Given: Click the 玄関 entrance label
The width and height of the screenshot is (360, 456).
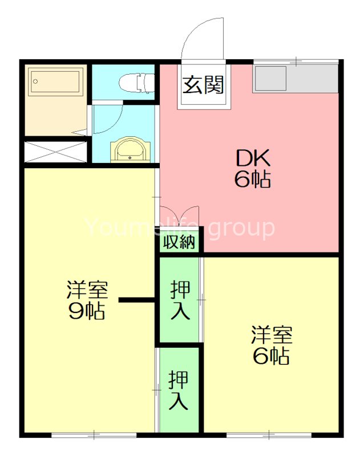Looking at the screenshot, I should [203, 86].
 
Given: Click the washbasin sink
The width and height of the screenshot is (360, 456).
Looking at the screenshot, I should [131, 150].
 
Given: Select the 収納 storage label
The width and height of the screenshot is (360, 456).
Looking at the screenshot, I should [179, 242].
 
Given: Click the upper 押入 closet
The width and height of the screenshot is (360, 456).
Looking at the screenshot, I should [180, 300].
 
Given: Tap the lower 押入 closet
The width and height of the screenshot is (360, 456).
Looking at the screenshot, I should [179, 389].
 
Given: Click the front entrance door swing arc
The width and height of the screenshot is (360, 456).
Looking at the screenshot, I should [201, 37].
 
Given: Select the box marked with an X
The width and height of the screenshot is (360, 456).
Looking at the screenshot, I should [56, 152].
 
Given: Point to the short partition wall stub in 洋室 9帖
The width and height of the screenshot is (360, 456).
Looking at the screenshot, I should [136, 300].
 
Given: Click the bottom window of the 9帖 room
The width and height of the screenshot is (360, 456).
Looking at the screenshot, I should [95, 435].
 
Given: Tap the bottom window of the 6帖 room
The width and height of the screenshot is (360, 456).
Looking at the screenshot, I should [269, 435].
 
